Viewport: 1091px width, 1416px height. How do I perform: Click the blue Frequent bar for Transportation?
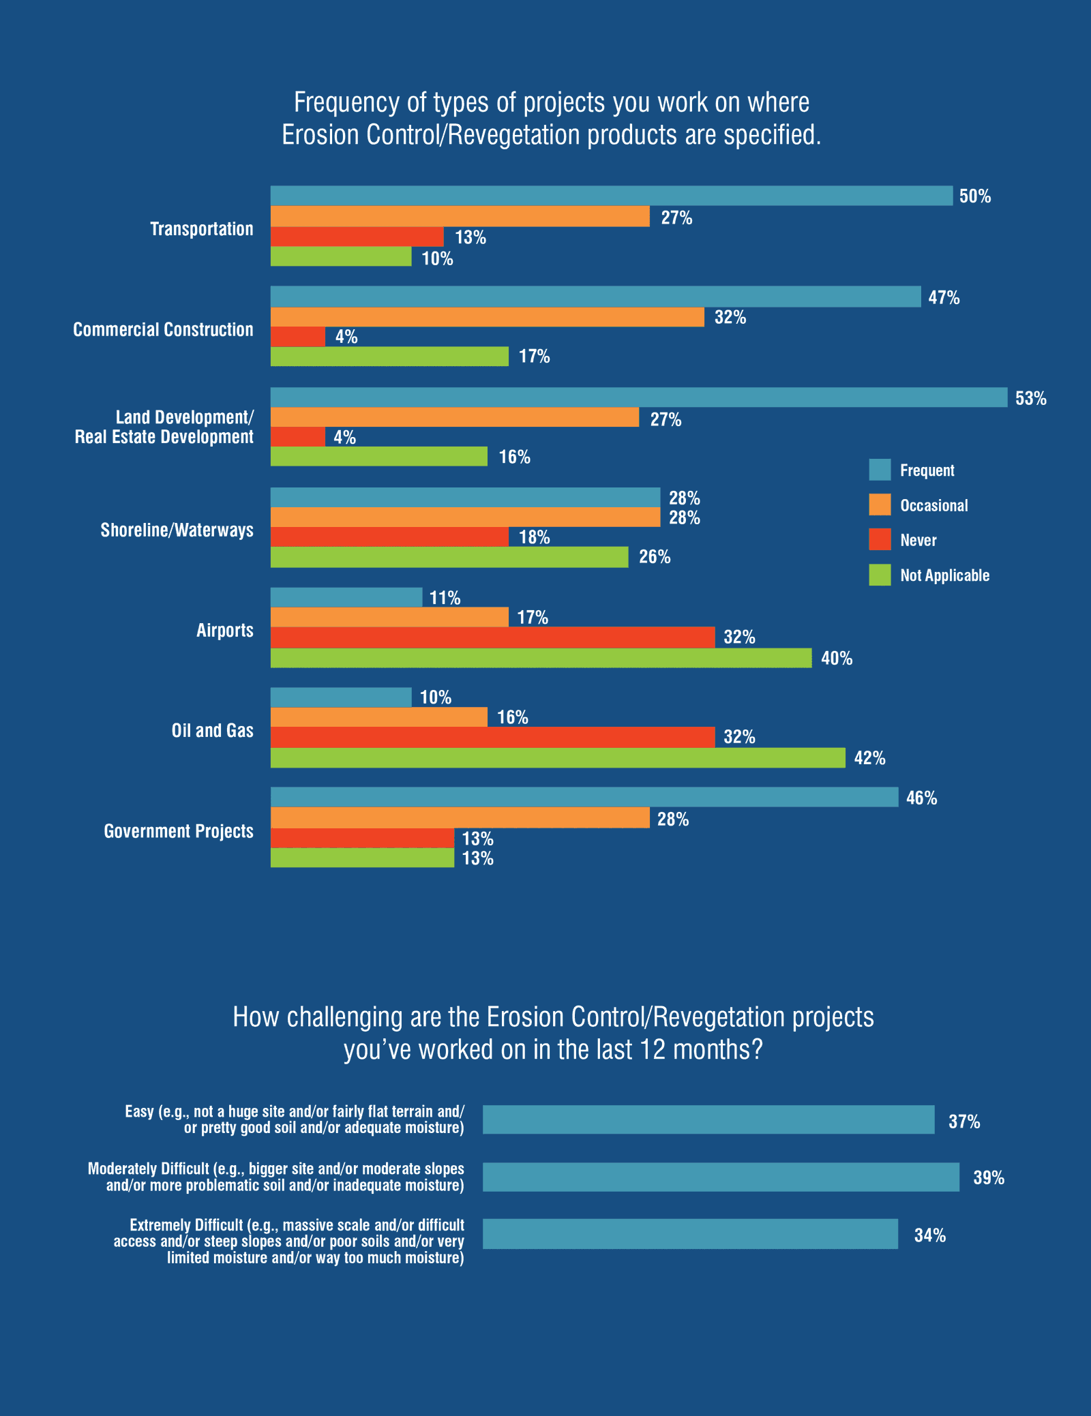[611, 196]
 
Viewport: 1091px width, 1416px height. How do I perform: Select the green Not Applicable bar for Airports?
[541, 658]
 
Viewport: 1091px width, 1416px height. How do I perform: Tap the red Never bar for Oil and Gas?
[492, 737]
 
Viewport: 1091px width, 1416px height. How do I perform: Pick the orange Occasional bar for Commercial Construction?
[487, 317]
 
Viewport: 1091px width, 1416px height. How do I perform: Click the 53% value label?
[1030, 398]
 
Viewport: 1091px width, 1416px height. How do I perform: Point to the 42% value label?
[869, 758]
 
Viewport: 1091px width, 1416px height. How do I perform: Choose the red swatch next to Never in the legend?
[880, 539]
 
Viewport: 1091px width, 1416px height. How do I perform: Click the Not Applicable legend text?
[944, 575]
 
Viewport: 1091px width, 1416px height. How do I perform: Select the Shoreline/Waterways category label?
[177, 530]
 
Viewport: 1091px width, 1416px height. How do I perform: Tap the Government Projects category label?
[178, 831]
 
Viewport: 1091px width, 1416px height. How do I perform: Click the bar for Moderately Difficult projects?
[721, 1177]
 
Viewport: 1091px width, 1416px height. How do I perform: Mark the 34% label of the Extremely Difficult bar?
[929, 1235]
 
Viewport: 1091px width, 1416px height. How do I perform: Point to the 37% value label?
[963, 1121]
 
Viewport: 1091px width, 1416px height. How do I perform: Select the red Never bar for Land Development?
[298, 437]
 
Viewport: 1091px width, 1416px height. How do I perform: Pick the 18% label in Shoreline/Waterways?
[534, 537]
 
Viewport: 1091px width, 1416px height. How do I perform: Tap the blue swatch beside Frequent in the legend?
[880, 470]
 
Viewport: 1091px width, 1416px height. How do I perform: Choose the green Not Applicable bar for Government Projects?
[362, 858]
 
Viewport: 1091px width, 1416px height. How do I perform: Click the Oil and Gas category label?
[212, 731]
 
